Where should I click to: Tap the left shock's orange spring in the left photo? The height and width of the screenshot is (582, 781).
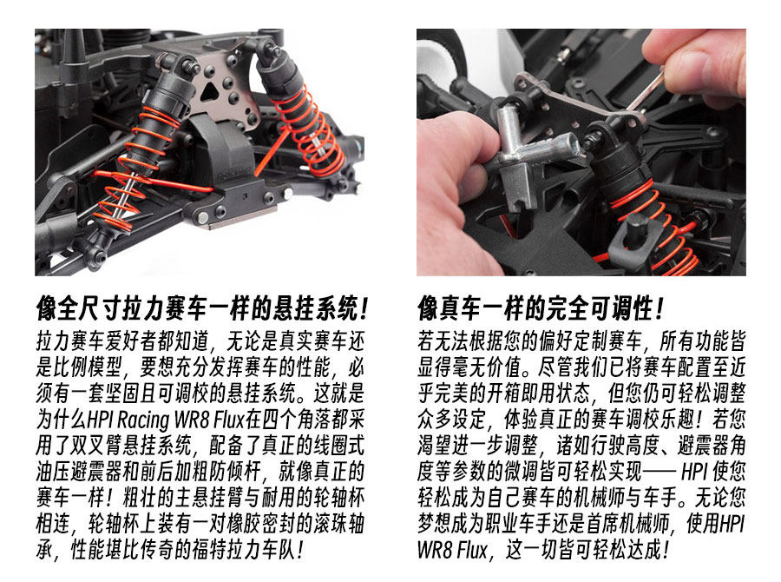click(135, 164)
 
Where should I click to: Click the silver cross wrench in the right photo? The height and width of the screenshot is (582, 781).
click(533, 149)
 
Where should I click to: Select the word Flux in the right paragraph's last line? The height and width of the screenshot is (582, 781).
click(472, 550)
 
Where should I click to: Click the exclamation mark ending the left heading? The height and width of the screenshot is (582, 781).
click(364, 308)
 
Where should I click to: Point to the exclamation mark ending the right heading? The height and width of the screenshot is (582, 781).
click(660, 308)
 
